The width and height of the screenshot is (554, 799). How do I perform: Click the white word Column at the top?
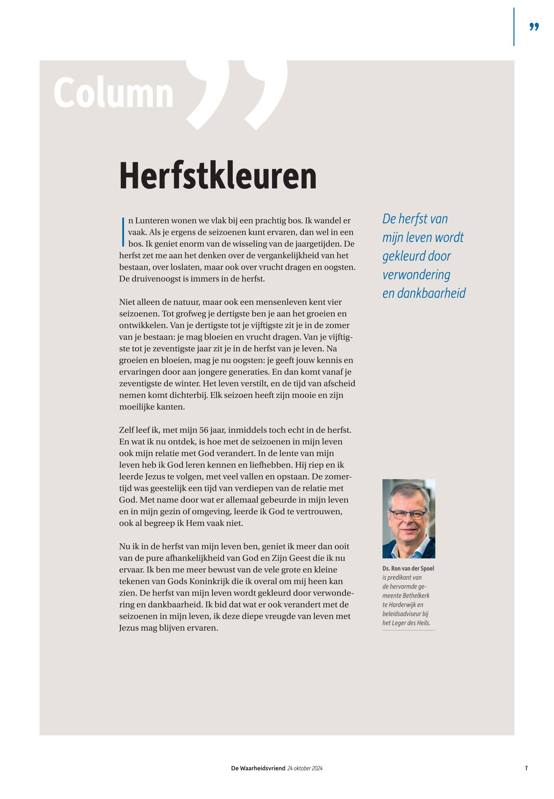tap(114, 93)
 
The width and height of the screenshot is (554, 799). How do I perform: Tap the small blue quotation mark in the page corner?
tap(534, 27)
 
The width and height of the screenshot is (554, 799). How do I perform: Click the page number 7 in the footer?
tap(526, 768)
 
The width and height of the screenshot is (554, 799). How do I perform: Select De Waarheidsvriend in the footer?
tap(258, 768)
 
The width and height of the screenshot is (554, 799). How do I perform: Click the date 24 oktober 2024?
tap(305, 768)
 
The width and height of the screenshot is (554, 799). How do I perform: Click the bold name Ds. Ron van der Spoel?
tap(408, 568)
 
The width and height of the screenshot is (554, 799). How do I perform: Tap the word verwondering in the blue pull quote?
tap(416, 275)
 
